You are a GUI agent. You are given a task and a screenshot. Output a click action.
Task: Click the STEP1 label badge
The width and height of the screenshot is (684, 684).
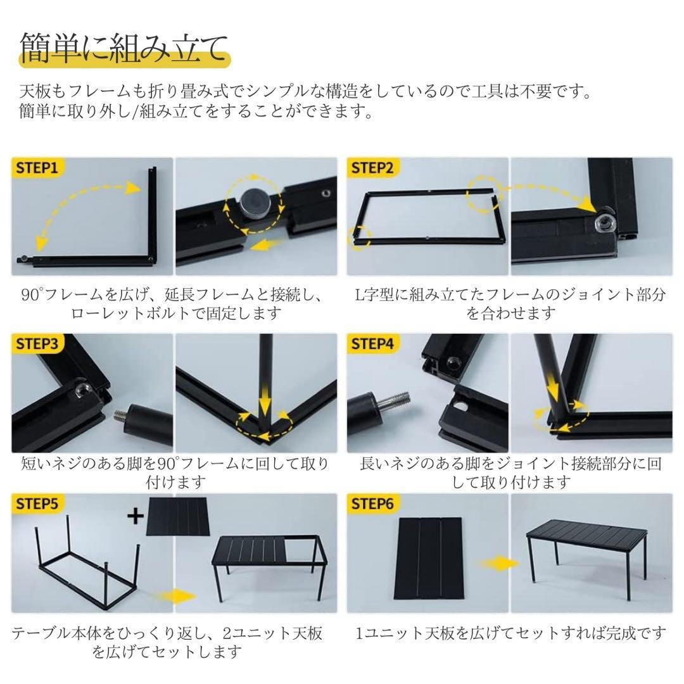(37, 168)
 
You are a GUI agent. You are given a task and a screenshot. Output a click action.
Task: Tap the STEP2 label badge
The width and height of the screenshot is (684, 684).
(372, 168)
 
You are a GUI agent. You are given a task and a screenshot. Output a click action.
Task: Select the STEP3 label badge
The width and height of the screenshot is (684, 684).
(37, 344)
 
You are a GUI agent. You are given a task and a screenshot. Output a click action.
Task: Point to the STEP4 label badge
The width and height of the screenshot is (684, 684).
(372, 344)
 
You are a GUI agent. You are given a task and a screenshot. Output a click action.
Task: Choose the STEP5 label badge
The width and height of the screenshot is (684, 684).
(37, 504)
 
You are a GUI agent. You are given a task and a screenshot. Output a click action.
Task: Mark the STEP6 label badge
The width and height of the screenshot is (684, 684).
(372, 504)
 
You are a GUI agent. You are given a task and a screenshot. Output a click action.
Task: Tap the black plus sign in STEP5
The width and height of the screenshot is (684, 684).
(136, 516)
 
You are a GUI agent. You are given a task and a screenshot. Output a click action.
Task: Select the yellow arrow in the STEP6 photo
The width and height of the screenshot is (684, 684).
(495, 563)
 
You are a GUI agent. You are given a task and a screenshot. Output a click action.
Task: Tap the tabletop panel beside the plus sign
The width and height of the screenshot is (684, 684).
(178, 517)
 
